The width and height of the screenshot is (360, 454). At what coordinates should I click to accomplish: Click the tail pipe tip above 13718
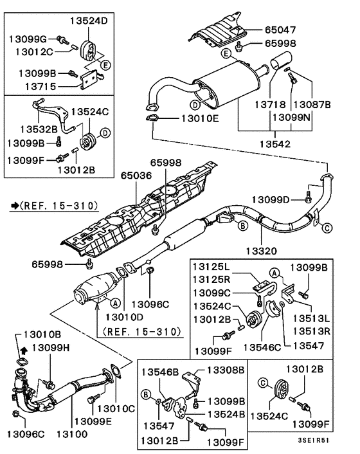click(281, 64)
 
